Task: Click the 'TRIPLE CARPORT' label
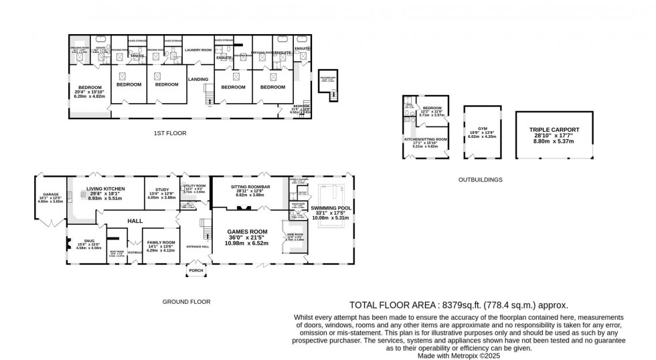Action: [554, 129]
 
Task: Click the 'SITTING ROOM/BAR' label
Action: [247, 186]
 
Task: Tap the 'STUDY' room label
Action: [161, 189]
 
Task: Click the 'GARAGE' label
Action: [52, 194]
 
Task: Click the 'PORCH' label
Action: [196, 270]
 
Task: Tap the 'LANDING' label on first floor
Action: [198, 79]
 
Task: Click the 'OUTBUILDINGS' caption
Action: [480, 179]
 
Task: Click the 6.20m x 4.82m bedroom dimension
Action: [90, 96]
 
